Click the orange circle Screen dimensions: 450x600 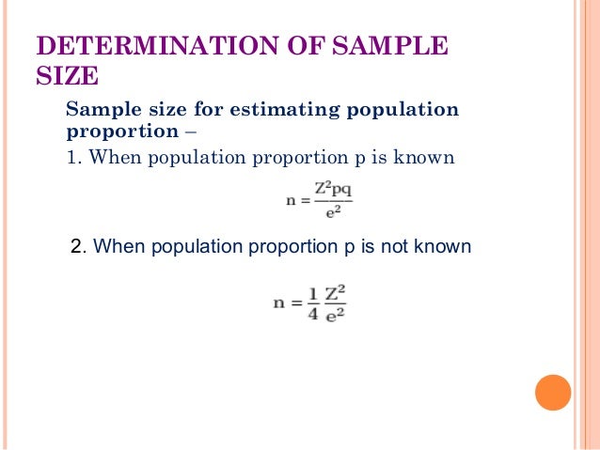pyautogui.click(x=553, y=393)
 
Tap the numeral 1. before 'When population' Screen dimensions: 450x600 pyautogui.click(x=72, y=157)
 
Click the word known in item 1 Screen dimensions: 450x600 pyautogui.click(x=425, y=157)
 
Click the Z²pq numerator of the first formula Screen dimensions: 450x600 pyautogui.click(x=333, y=189)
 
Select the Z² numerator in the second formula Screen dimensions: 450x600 pyautogui.click(x=336, y=291)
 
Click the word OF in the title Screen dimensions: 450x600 pyautogui.click(x=289, y=47)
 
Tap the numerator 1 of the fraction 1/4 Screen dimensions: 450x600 pyautogui.click(x=311, y=291)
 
